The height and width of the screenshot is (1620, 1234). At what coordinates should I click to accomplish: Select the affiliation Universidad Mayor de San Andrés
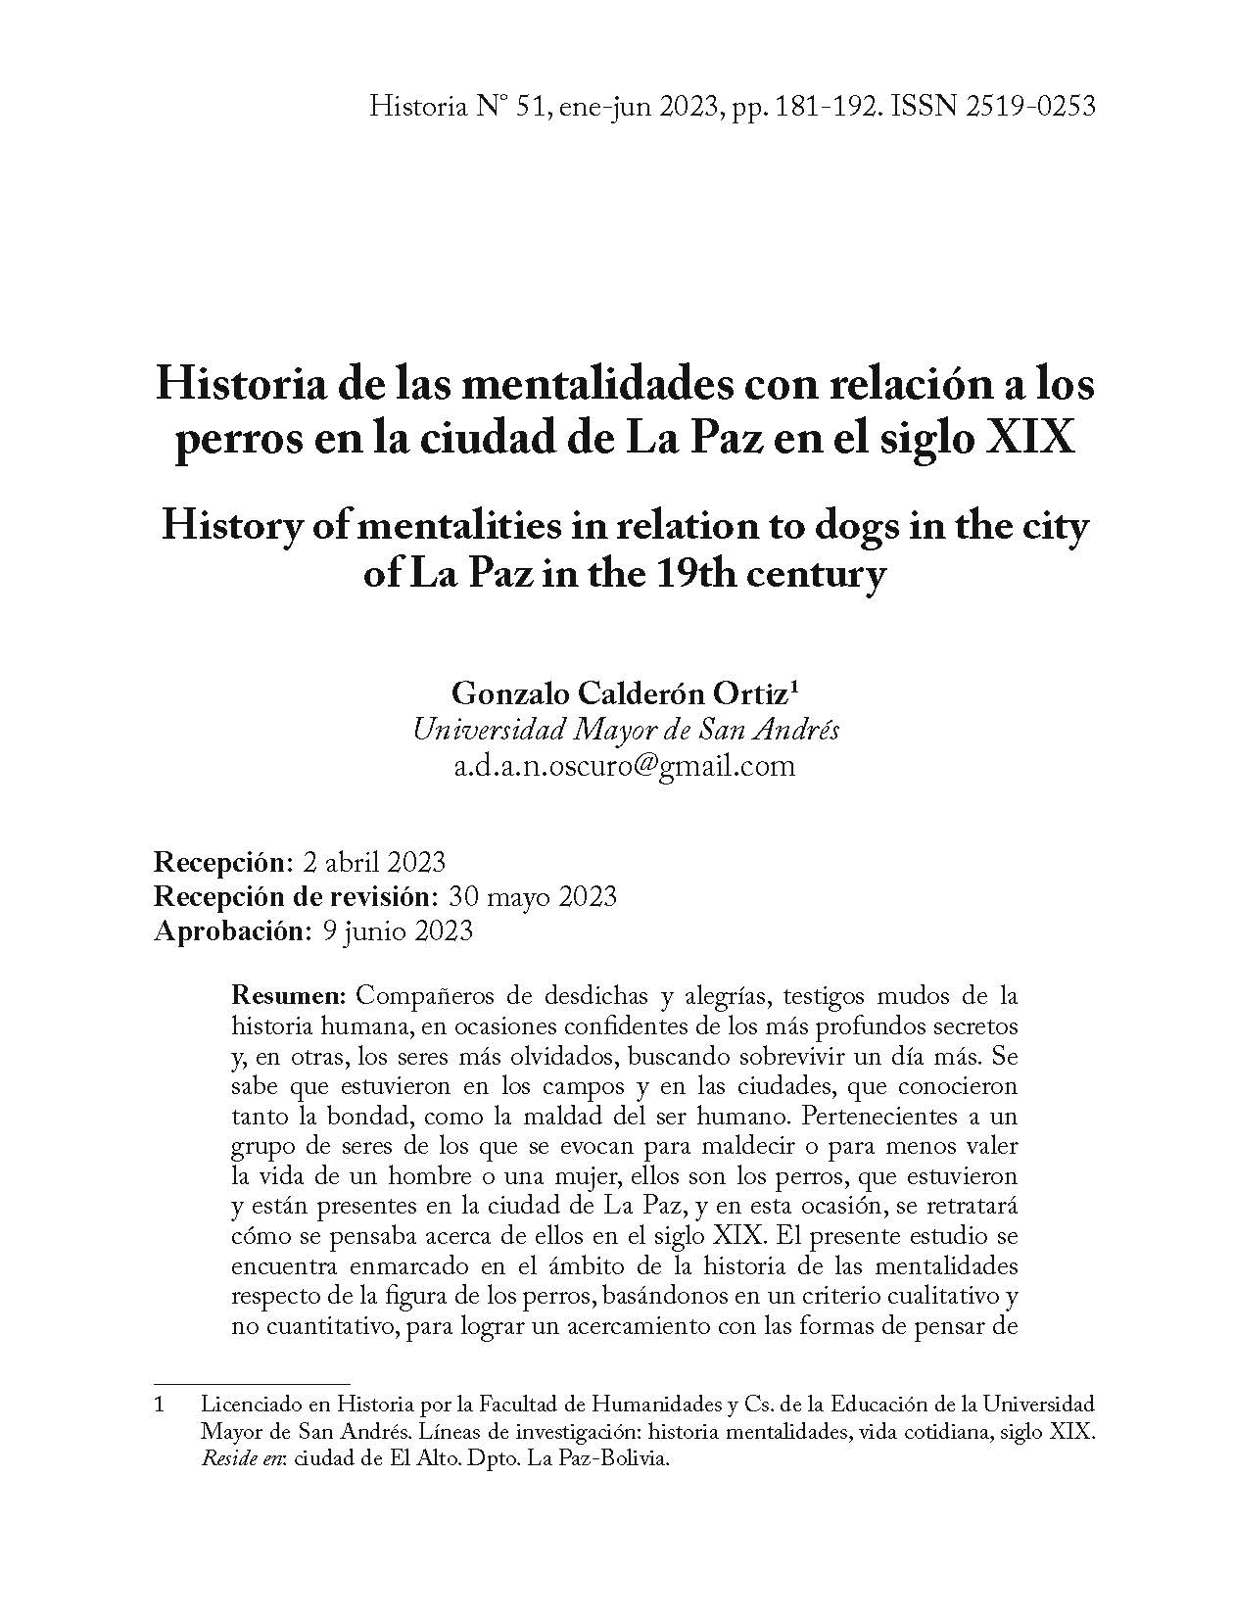pos(626,730)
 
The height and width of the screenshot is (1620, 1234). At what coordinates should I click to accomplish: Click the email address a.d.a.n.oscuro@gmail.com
pos(625,765)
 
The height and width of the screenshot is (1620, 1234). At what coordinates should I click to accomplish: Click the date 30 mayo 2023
pos(532,896)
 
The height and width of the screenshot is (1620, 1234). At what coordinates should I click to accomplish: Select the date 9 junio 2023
pos(397,929)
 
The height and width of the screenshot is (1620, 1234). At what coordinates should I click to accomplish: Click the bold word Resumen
pos(288,997)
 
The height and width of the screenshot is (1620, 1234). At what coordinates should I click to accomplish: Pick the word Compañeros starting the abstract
pos(424,997)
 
